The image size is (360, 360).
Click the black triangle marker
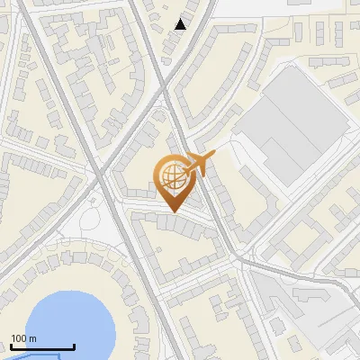[x=181, y=24]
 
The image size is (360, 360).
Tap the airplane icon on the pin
[x=200, y=165]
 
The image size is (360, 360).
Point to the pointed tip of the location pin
[x=173, y=211]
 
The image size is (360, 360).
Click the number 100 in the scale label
[x=19, y=338]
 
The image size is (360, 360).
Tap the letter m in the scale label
[x=31, y=338]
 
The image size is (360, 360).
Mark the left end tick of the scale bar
[x=12, y=346]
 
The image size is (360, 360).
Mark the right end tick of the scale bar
[x=74, y=346]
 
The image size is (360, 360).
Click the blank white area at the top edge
[x=270, y=7]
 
